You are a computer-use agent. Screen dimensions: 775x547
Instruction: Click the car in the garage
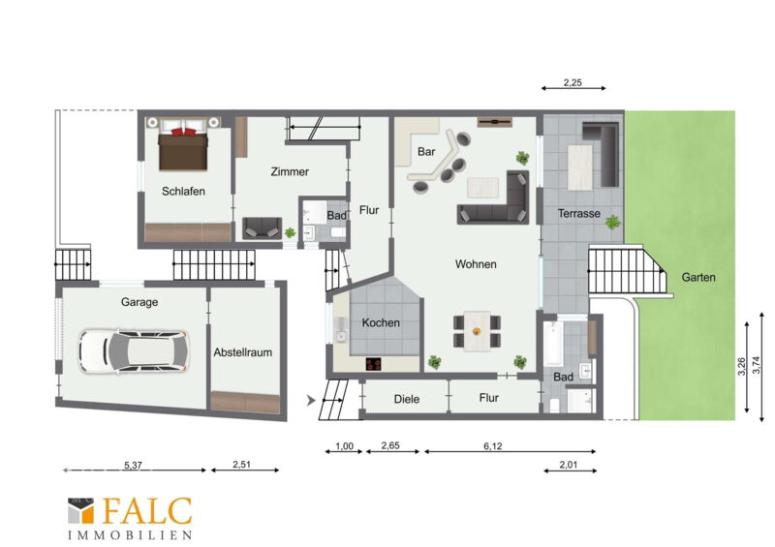[x=134, y=351]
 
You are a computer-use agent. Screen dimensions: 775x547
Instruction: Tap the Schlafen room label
[x=183, y=192]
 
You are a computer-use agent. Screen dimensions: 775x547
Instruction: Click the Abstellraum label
[x=243, y=352]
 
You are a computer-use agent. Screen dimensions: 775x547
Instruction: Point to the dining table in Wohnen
[x=477, y=331]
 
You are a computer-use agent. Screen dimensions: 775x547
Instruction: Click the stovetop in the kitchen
[x=374, y=364]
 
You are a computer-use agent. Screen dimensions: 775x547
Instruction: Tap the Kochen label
[x=381, y=322]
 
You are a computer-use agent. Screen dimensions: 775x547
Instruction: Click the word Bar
[x=426, y=151]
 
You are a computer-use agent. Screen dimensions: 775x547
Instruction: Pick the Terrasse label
[x=578, y=213]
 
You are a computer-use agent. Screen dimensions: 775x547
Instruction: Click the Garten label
[x=698, y=277]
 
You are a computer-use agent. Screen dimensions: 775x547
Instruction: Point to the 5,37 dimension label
[x=133, y=465]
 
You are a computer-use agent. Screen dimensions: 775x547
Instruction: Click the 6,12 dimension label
[x=493, y=446]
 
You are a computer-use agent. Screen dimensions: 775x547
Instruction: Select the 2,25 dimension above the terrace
[x=573, y=82]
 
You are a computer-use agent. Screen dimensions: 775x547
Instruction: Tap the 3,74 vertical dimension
[x=756, y=365]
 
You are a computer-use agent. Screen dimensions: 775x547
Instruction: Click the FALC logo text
[x=147, y=511]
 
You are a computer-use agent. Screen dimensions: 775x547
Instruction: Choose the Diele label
[x=407, y=399]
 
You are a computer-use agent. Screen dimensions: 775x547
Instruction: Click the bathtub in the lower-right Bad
[x=553, y=344]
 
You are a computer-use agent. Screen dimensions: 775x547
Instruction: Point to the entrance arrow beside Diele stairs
[x=311, y=400]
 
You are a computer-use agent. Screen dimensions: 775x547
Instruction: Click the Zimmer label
[x=290, y=171]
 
